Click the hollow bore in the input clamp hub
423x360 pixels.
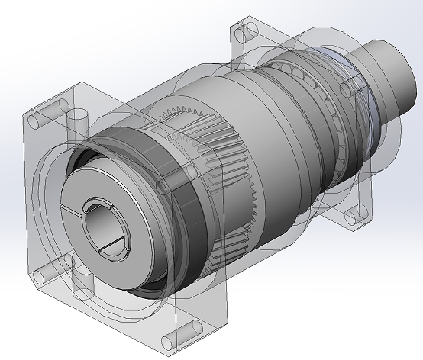pyautogui.click(x=102, y=224)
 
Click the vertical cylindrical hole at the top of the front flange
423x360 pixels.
pyautogui.click(x=78, y=122)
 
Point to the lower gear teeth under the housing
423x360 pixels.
pyautogui.click(x=229, y=244)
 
